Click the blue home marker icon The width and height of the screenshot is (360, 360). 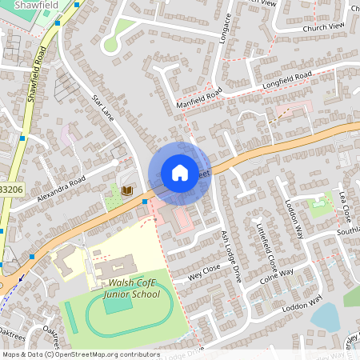click(180, 173)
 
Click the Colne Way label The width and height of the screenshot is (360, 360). click(277, 277)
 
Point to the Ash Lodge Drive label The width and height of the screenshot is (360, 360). click(231, 257)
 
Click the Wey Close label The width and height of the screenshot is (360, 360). click(204, 270)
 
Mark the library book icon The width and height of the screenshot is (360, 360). click(126, 191)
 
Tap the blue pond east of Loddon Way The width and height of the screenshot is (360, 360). click(326, 317)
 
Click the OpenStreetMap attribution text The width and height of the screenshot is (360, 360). click(80, 354)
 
